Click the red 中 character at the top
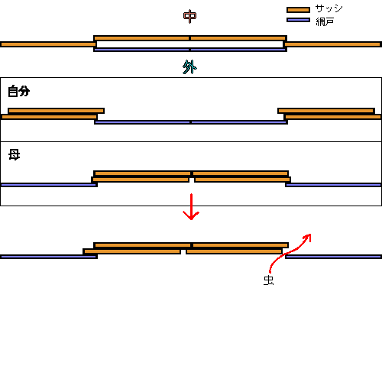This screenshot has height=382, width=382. [189, 17]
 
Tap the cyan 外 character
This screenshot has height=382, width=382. [189, 67]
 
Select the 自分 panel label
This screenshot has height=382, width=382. [19, 91]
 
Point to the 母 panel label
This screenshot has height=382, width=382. [15, 154]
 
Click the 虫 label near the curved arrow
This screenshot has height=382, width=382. [268, 280]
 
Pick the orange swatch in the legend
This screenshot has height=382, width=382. [298, 10]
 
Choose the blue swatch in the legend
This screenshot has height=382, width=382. [298, 20]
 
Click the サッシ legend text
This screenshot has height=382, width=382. [329, 8]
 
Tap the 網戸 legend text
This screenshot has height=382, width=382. [325, 21]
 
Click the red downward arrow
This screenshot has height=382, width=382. [191, 206]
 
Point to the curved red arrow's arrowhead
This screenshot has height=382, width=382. [308, 238]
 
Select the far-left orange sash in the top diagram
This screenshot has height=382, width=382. [48, 44]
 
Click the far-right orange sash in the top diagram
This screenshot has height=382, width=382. [332, 44]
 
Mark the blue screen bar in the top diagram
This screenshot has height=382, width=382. [190, 50]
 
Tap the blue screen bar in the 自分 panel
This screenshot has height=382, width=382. [191, 122]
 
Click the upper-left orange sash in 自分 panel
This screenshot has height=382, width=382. [56, 111]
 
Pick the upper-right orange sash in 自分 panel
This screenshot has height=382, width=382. [326, 111]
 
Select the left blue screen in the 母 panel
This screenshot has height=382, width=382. [49, 185]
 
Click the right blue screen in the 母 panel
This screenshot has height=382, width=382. [333, 185]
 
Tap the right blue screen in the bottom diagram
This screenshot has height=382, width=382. [333, 257]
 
